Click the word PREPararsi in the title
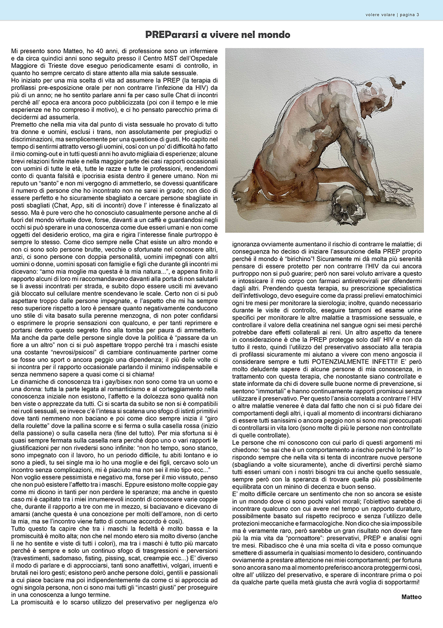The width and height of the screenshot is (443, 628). click(169, 35)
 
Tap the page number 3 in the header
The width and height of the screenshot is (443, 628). click(418, 15)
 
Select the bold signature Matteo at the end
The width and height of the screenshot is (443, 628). click(412, 597)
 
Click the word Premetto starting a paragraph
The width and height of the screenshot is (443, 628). click(25, 125)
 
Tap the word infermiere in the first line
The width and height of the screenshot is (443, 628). click(200, 51)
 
